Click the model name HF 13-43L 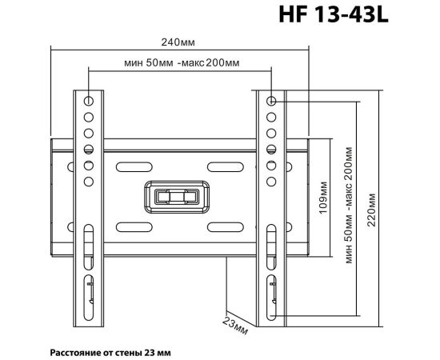click(334, 14)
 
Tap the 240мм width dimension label click(178, 42)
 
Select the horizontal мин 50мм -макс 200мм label click(182, 62)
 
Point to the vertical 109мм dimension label click(323, 198)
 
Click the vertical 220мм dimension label click(371, 210)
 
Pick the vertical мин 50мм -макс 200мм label click(349, 205)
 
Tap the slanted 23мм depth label click(235, 326)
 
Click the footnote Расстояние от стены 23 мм click(110, 353)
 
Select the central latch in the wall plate click(177, 197)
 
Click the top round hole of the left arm click(89, 101)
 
